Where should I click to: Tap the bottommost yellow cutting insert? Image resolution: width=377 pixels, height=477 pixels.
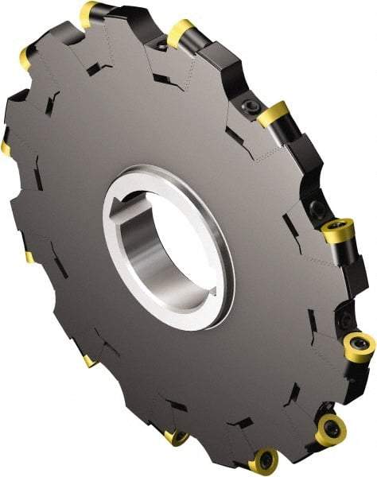click(262, 461)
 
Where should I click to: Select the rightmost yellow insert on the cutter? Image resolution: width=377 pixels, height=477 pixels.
click(359, 347)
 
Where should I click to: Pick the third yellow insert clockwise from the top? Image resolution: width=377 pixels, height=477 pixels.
click(273, 114)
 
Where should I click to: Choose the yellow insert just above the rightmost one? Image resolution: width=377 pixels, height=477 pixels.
click(338, 231)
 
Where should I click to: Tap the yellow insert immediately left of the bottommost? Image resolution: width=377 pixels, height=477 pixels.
click(175, 437)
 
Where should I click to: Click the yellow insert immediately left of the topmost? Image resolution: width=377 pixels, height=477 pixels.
click(25, 56)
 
